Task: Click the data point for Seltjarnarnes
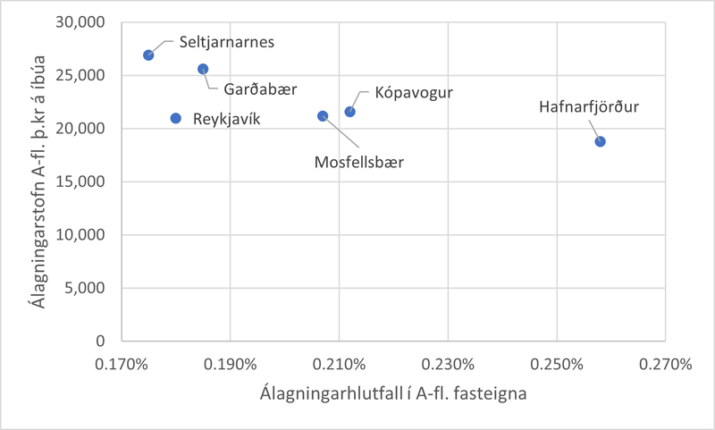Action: point(148,55)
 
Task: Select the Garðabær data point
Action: point(203,69)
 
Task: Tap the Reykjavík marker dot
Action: point(176,118)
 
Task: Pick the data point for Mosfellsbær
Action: point(323,115)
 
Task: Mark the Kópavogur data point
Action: point(350,112)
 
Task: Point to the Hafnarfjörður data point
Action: point(600,141)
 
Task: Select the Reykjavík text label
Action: point(227,118)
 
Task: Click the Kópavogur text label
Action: point(414,92)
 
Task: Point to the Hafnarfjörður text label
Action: point(590,108)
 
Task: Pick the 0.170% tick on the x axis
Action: point(122,365)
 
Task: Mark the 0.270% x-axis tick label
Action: point(665,365)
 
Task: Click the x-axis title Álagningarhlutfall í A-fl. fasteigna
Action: point(393,393)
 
